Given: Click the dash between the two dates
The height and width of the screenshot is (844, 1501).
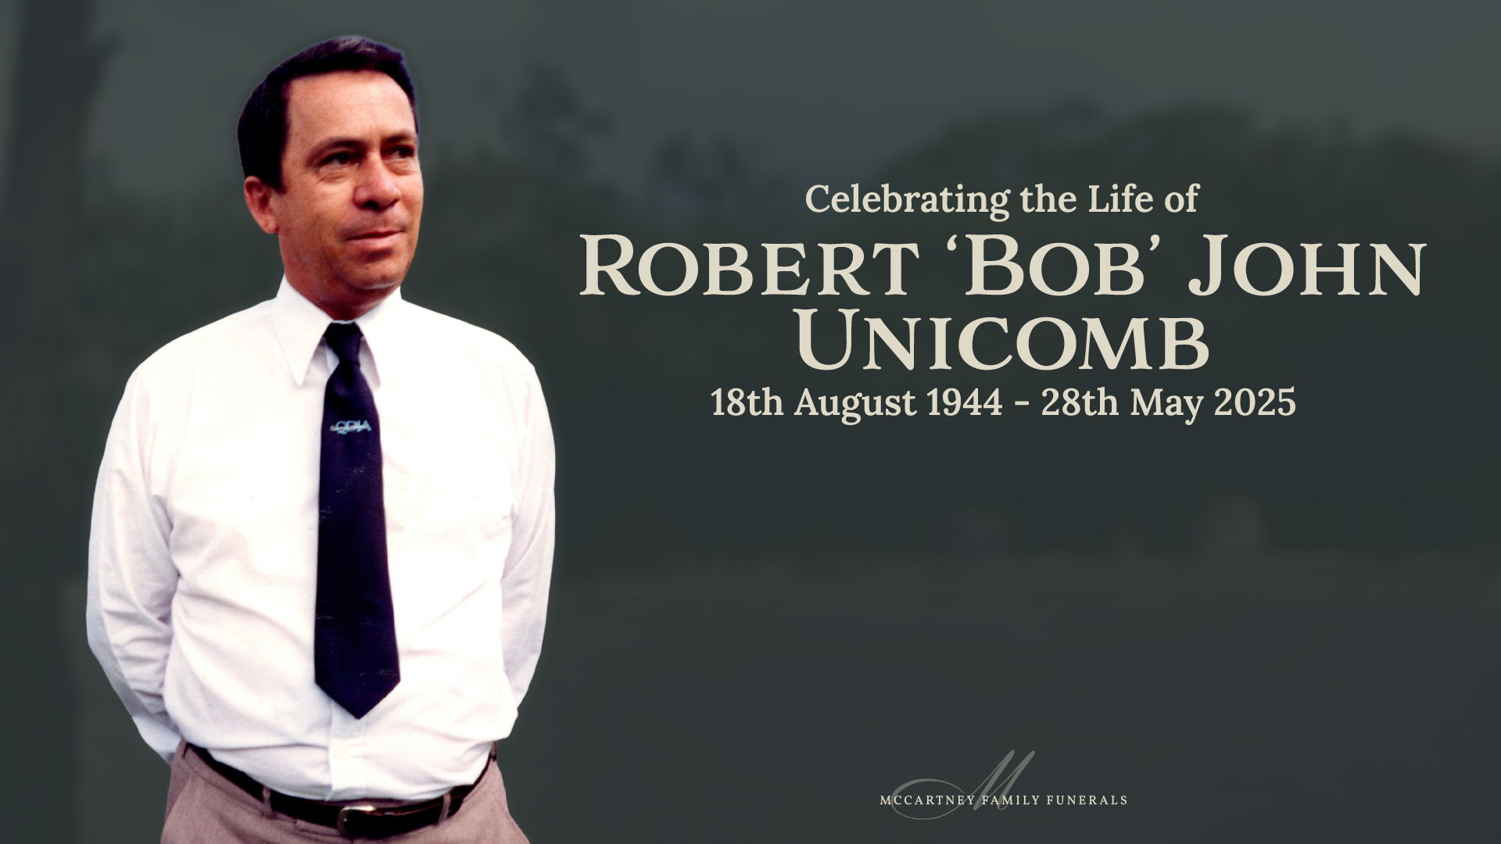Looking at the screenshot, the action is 1022,406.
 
